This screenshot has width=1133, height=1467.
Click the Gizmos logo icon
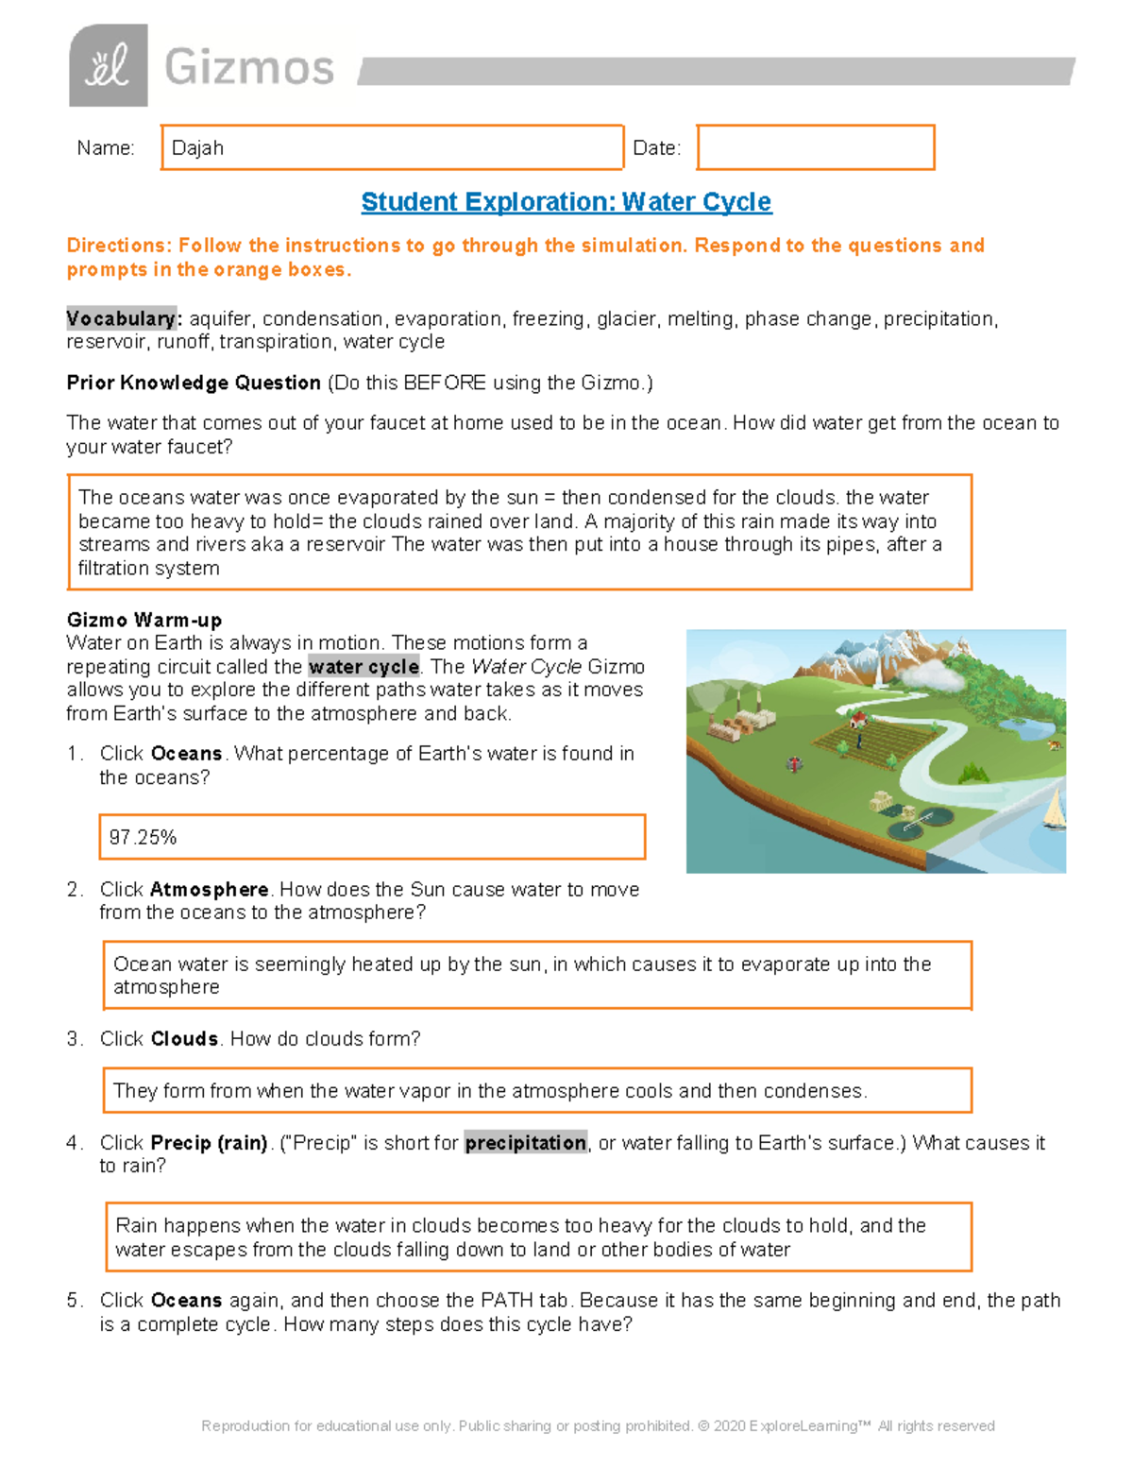(x=108, y=65)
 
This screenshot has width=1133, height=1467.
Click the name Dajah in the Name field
(x=197, y=148)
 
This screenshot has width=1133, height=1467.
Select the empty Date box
(x=815, y=148)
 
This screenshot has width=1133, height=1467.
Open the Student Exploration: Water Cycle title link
(x=566, y=202)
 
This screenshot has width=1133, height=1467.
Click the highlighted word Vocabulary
(x=121, y=319)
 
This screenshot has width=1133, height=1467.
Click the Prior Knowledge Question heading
(x=194, y=383)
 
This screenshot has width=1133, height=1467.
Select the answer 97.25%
(x=143, y=838)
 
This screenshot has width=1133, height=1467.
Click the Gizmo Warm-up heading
(x=144, y=620)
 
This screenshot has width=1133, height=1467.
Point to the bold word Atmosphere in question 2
(x=209, y=890)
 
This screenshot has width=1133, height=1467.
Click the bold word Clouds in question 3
(x=185, y=1039)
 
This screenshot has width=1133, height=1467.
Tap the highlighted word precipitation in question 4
(x=525, y=1143)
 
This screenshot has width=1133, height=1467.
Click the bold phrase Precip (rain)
(x=209, y=1143)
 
